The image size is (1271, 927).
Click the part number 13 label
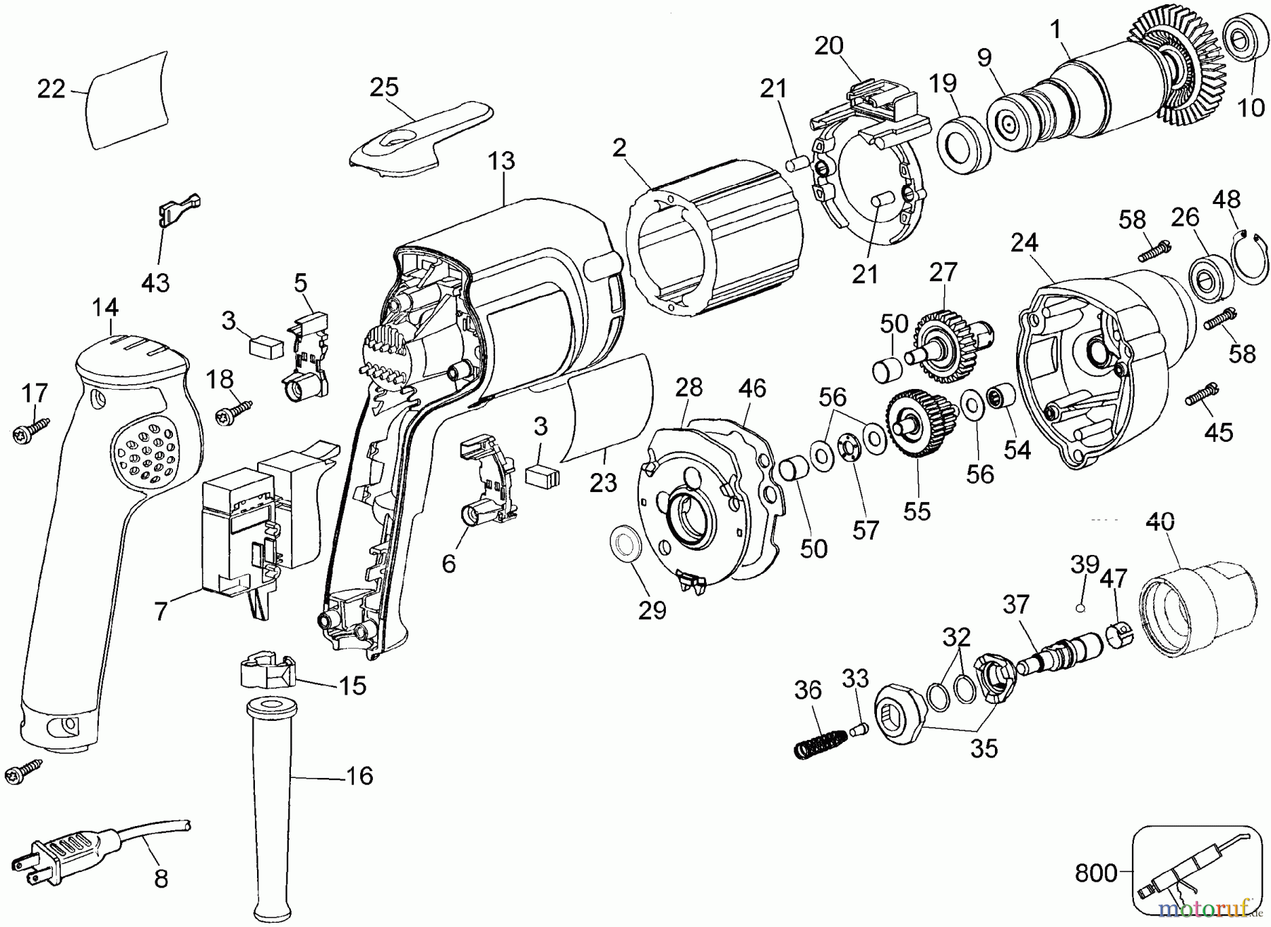click(501, 161)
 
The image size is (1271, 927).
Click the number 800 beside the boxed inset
click(1096, 873)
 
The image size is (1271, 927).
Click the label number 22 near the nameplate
click(51, 89)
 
